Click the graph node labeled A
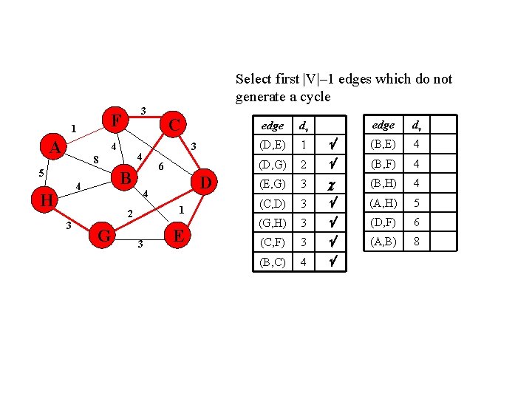[x=55, y=148]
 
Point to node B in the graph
[x=126, y=178]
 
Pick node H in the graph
[x=46, y=199]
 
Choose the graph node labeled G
[x=104, y=236]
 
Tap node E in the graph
[x=177, y=236]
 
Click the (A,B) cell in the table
[x=383, y=241]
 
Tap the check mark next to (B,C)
[x=335, y=261]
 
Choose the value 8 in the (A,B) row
[x=417, y=241]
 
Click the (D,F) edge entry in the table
[x=383, y=222]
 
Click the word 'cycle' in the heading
[x=314, y=97]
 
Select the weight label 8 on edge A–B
[x=96, y=159]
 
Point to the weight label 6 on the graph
[x=162, y=168]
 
